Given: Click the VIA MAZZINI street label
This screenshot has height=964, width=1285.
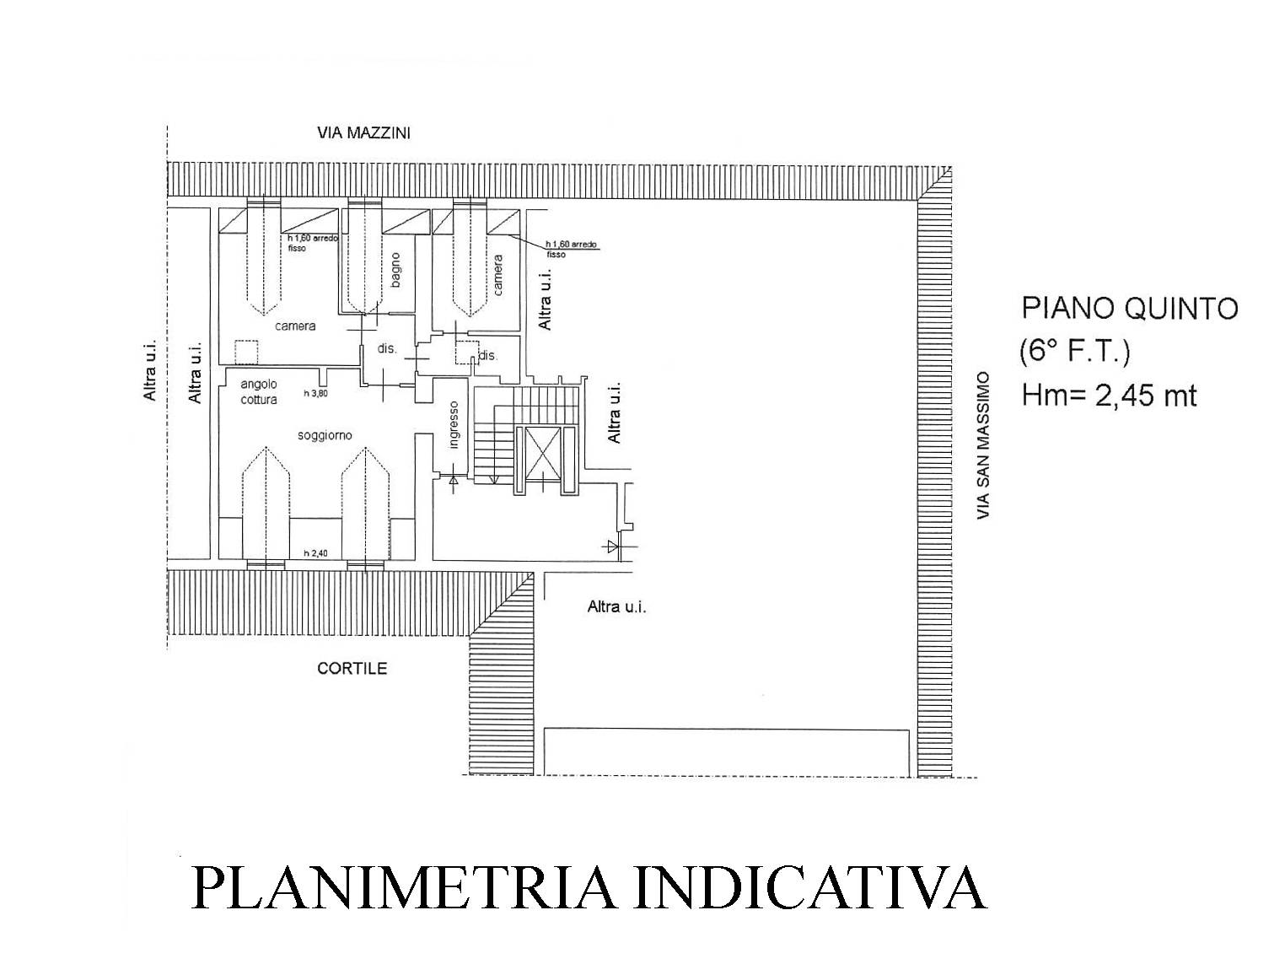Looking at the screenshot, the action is tap(363, 133).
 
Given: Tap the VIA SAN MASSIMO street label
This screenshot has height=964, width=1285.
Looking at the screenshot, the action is tap(983, 444).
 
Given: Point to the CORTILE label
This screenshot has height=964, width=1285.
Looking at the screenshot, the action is tap(352, 669).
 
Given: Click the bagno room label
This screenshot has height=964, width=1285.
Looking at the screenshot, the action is tap(395, 270).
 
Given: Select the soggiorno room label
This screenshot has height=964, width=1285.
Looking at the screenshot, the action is tap(325, 435).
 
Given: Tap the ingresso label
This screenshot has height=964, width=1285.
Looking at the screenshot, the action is tap(453, 425).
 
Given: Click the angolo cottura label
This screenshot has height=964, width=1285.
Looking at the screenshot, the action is tap(259, 392).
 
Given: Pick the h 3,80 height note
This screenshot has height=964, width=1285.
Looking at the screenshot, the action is tap(315, 393).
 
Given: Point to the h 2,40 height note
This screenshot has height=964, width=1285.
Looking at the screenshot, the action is tap(315, 553).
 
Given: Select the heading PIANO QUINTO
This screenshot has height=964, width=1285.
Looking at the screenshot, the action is tap(1129, 309).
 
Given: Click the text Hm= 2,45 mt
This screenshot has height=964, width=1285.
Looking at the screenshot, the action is tap(1109, 395).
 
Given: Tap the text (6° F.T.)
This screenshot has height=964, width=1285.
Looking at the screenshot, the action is tap(1074, 352).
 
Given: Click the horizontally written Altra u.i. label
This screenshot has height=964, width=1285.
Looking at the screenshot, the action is tap(616, 607).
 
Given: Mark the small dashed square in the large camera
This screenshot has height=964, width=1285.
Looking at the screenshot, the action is tap(246, 353).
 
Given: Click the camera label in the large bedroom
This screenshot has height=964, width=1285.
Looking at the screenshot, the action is tap(295, 326).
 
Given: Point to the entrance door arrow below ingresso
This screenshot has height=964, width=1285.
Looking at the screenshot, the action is tap(453, 481).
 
